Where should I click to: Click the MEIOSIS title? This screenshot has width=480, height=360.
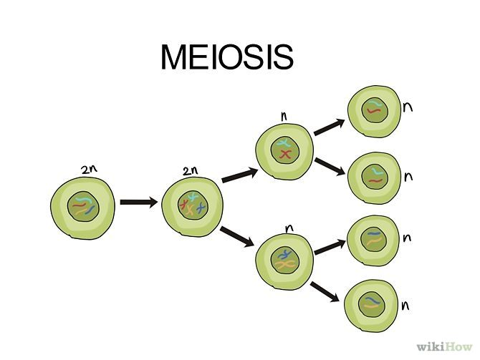point(226,57)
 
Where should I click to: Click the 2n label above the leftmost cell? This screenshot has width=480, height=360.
point(88,170)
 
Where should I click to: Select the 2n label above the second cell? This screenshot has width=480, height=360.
point(190,171)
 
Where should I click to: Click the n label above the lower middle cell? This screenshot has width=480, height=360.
point(289,228)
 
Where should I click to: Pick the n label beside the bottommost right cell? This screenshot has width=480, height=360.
point(406,306)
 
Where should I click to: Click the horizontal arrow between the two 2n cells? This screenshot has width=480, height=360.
point(138,203)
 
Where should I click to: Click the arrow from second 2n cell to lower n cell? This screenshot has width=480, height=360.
point(237,236)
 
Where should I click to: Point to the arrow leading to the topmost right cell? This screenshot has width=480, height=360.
point(329,127)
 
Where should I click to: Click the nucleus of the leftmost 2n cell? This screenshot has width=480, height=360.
point(82,208)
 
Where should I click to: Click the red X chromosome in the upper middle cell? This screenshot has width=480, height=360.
point(285,154)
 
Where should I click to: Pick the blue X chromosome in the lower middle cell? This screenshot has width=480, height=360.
point(286,254)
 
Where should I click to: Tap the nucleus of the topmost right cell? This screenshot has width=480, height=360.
point(373,109)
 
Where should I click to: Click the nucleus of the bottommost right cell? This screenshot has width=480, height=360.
point(371,303)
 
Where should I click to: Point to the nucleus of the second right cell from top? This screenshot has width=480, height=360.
point(373,176)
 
